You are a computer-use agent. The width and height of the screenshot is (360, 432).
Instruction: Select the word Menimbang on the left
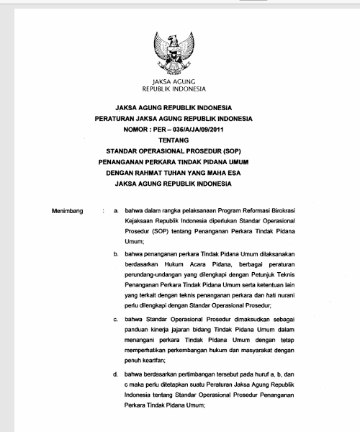point(68,211)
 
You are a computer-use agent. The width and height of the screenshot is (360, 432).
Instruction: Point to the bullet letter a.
point(116,211)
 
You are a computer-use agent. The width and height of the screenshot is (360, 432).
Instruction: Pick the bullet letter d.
point(116,374)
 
